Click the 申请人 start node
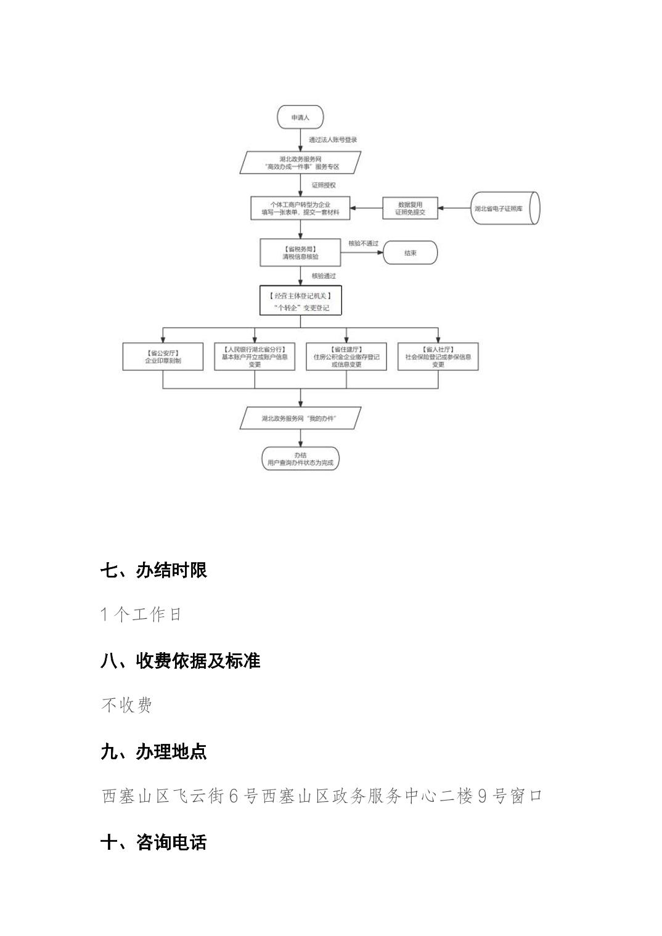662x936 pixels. [300, 117]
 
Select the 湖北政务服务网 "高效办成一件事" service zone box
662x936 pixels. [301, 163]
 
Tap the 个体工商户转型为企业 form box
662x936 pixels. [300, 208]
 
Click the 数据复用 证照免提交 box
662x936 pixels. [410, 208]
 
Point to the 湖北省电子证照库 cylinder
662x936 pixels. [505, 208]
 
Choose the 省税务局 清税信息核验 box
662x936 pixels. [300, 252]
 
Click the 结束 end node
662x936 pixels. [411, 252]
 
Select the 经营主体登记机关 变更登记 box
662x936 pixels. [300, 301]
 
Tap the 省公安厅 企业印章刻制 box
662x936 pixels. [163, 357]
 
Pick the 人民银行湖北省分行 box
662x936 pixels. [255, 357]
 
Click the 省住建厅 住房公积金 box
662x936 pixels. [346, 357]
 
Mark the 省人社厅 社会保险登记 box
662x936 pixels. [438, 357]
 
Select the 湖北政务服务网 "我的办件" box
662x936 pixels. [301, 418]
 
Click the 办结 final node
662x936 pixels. [300, 459]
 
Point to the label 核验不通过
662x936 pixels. [363, 243]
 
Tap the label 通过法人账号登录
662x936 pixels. [333, 140]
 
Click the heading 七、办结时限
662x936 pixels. [153, 570]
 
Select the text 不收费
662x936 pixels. [126, 705]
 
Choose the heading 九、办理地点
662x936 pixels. [153, 752]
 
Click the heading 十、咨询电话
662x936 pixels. [153, 842]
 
